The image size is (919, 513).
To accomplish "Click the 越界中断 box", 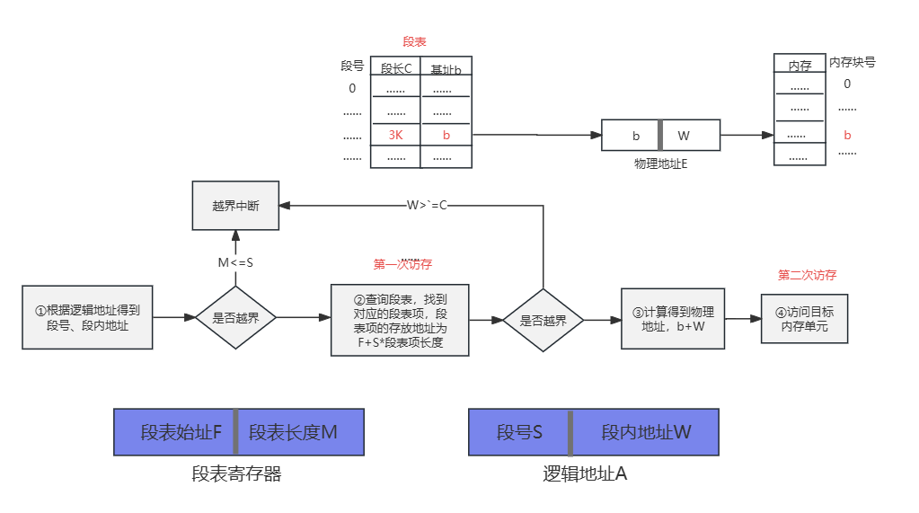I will [x=235, y=206].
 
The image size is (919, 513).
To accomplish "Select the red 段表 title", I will [x=414, y=42].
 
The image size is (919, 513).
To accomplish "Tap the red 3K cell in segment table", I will [x=395, y=135].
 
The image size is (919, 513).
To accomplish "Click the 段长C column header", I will [x=395, y=69].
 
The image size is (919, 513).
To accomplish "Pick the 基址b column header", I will [x=446, y=69].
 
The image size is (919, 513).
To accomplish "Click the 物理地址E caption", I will [x=660, y=164].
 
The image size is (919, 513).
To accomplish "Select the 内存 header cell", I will [x=800, y=66].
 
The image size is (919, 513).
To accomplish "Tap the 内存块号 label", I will [x=852, y=63].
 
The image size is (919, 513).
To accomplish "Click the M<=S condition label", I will [x=235, y=263].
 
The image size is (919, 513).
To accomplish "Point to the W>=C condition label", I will [x=427, y=206].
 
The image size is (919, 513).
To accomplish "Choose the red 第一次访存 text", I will [x=402, y=265].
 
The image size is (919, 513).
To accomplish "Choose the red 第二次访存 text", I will [x=807, y=276].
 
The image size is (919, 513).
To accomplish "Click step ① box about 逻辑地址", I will [x=88, y=318].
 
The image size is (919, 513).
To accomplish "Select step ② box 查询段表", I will [x=400, y=320].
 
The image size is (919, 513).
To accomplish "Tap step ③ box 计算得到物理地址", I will [x=673, y=318].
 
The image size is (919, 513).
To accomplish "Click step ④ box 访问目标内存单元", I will [x=804, y=318].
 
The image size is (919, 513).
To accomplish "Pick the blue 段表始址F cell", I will [x=174, y=432].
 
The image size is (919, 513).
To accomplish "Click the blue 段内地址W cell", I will [x=646, y=432].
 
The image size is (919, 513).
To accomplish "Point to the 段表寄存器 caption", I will [x=236, y=473].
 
